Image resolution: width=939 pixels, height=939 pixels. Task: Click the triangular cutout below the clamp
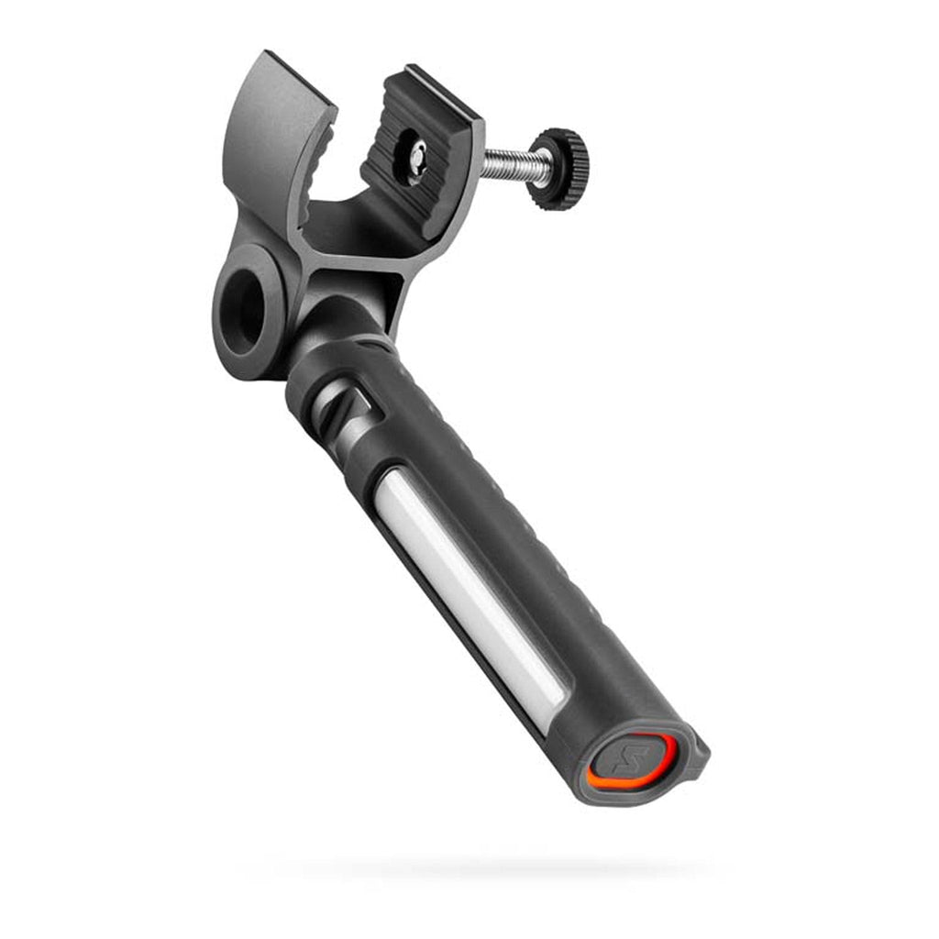(383, 294)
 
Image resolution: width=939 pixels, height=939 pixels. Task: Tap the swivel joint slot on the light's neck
(353, 409)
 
